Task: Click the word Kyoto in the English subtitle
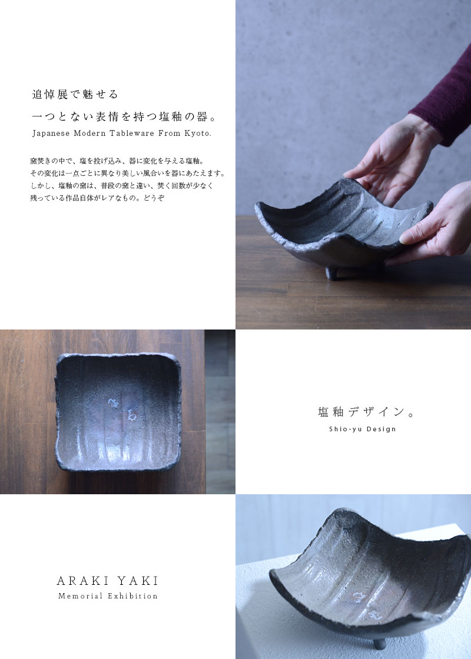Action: click(197, 133)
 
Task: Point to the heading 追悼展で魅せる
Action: click(75, 95)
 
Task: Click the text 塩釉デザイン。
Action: click(366, 412)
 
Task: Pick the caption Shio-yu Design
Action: click(363, 429)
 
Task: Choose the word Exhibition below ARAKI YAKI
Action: click(132, 596)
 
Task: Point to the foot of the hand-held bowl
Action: click(332, 273)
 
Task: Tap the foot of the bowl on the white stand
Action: click(379, 643)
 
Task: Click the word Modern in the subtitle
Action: click(89, 133)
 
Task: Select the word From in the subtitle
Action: click(168, 133)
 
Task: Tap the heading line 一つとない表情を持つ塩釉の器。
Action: click(124, 117)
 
